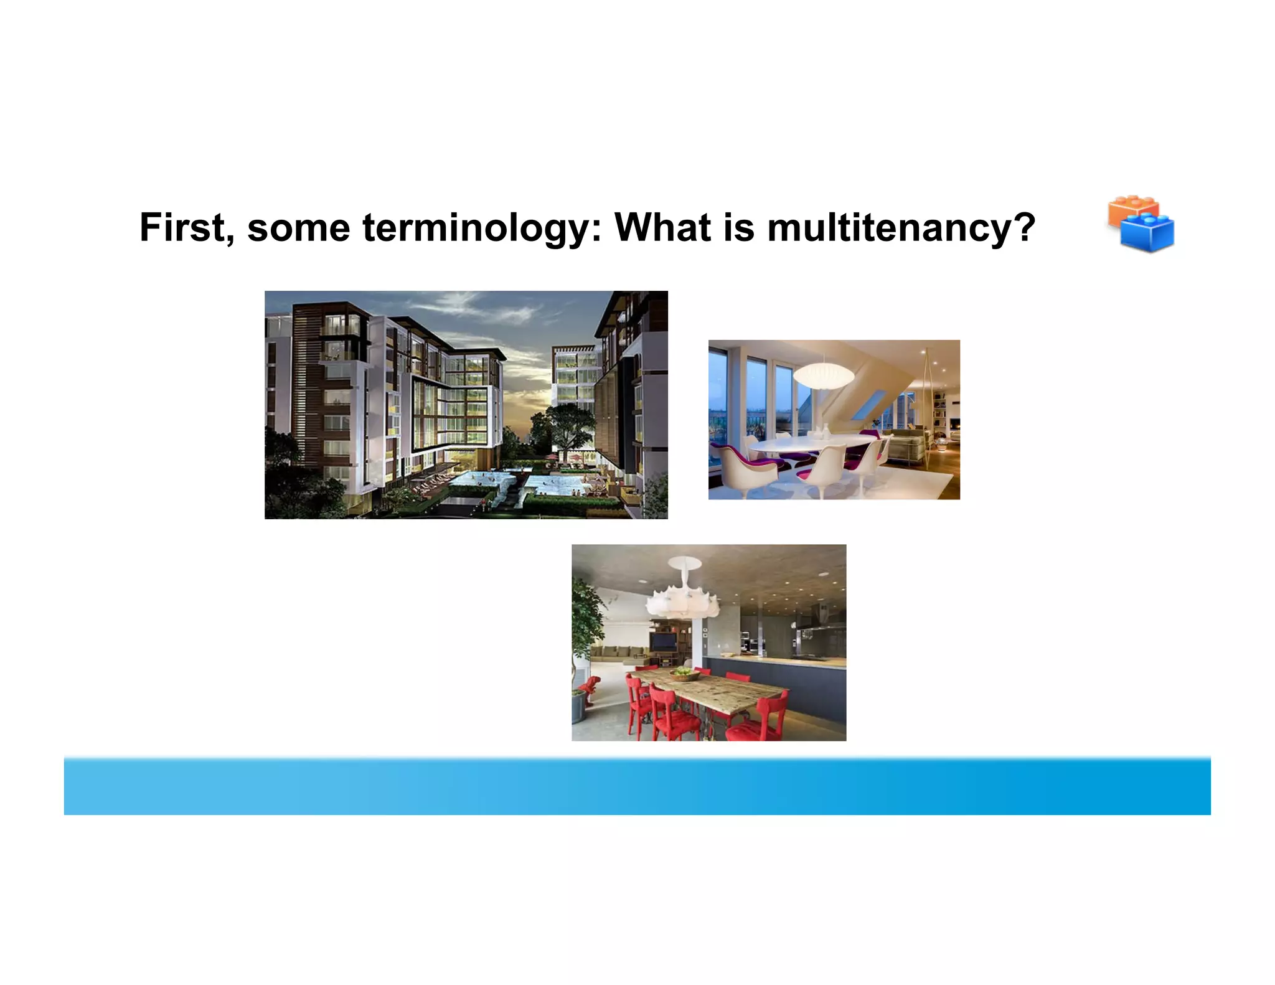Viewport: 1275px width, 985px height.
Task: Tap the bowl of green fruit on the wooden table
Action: [685, 672]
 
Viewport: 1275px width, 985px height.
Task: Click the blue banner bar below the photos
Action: [637, 786]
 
